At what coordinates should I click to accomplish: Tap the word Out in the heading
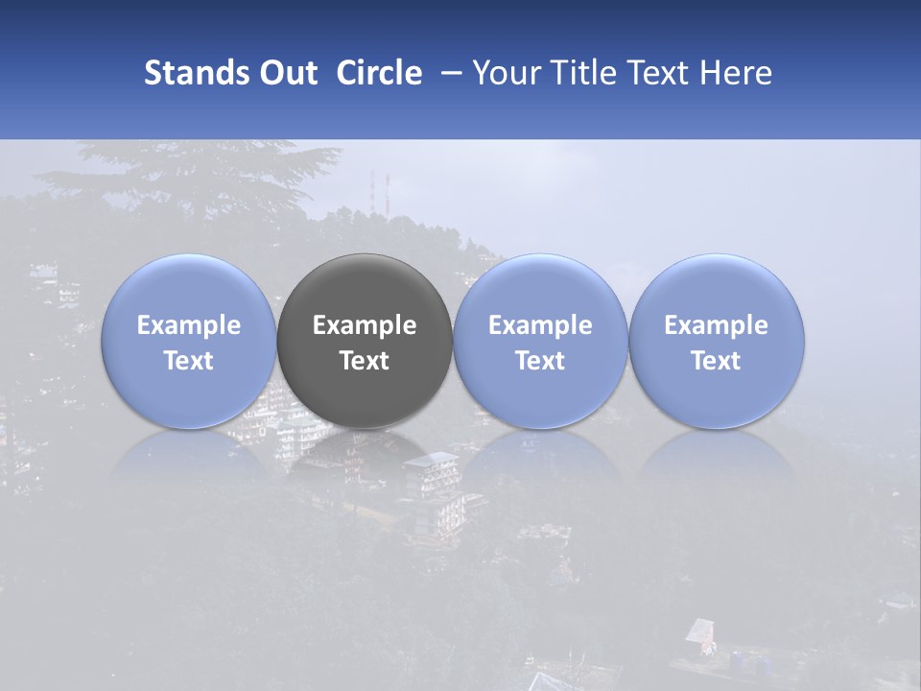pyautogui.click(x=285, y=73)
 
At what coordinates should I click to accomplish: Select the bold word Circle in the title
pyautogui.click(x=379, y=73)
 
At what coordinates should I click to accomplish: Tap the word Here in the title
pyautogui.click(x=738, y=73)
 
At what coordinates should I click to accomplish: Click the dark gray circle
pyautogui.click(x=365, y=288)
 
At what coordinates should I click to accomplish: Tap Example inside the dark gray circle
pyautogui.click(x=365, y=325)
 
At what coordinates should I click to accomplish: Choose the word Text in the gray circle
pyautogui.click(x=365, y=361)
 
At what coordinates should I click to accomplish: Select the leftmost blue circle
pyautogui.click(x=189, y=288)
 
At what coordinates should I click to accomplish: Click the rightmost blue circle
pyautogui.click(x=717, y=288)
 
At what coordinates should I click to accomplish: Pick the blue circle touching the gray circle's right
pyautogui.click(x=540, y=288)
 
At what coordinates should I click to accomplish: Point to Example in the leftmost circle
pyautogui.click(x=189, y=325)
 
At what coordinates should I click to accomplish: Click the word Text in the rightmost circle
pyautogui.click(x=717, y=361)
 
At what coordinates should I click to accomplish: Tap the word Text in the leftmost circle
pyautogui.click(x=189, y=361)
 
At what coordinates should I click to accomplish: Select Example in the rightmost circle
pyautogui.click(x=717, y=325)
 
